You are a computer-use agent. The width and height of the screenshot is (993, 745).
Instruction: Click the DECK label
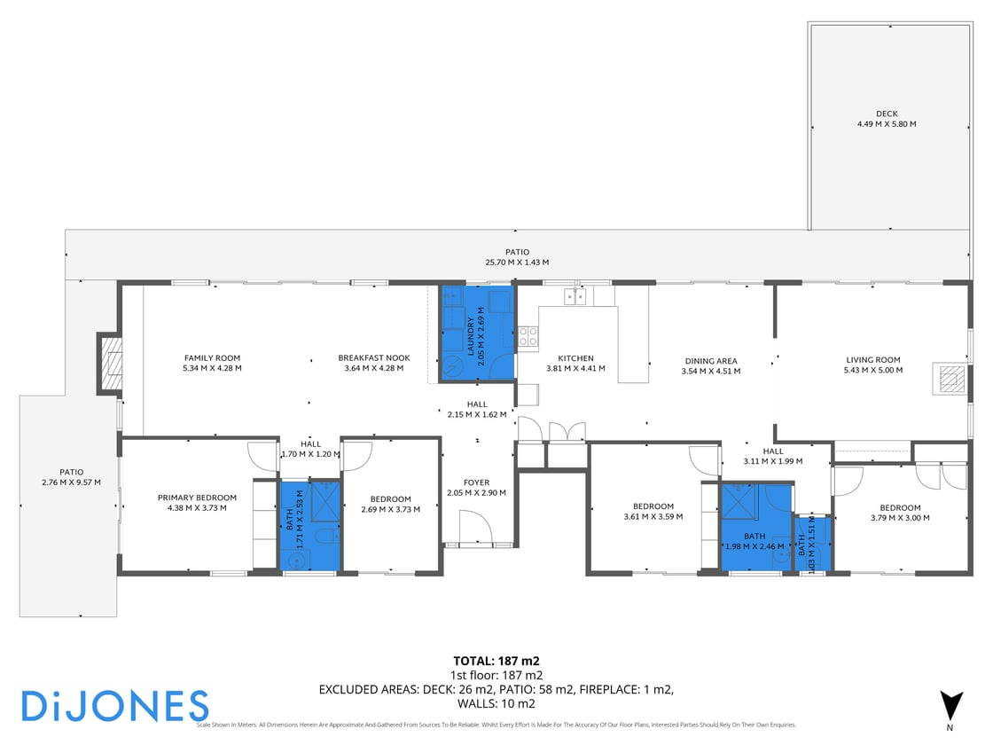887,114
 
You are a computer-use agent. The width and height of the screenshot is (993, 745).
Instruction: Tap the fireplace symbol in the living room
950,380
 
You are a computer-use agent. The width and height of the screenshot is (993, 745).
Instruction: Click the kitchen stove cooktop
528,336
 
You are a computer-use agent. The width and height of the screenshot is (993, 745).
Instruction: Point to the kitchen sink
575,295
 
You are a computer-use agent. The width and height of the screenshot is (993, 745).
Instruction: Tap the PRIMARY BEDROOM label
197,498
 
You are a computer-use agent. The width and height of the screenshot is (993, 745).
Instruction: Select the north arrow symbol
950,706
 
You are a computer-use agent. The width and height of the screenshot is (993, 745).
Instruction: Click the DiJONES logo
114,706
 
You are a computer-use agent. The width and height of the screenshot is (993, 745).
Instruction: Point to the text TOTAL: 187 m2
496,661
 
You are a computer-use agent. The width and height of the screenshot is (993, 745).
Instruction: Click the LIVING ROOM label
872,360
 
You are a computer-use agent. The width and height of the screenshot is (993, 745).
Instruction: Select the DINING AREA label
711,361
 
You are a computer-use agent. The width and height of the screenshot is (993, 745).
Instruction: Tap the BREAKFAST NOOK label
373,358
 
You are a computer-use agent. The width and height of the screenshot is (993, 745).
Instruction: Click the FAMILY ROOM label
212,358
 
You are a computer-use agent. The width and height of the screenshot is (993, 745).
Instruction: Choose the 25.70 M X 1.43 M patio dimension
517,263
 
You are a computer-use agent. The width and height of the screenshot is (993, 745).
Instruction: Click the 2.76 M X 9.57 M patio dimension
71,482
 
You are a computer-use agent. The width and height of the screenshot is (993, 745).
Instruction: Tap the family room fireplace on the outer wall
110,364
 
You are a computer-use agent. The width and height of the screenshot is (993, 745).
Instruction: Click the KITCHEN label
575,358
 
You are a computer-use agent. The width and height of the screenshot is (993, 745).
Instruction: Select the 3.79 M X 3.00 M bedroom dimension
901,518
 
